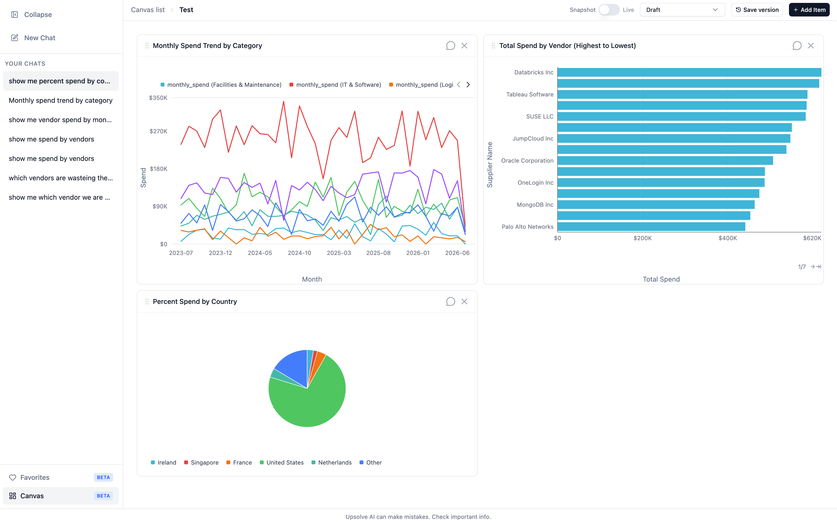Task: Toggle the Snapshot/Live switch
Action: [x=609, y=10]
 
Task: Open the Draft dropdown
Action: [x=682, y=10]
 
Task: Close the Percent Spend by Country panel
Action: [x=464, y=301]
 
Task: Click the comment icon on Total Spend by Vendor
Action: [x=797, y=46]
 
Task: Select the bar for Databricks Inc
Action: [x=689, y=72]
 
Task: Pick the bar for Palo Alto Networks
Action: [x=651, y=227]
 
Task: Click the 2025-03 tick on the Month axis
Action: [x=339, y=253]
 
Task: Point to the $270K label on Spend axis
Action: [x=158, y=131]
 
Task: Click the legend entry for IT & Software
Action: [x=335, y=85]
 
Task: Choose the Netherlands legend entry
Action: [x=331, y=463]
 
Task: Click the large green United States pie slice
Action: [x=311, y=401]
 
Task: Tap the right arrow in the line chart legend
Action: [x=468, y=85]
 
